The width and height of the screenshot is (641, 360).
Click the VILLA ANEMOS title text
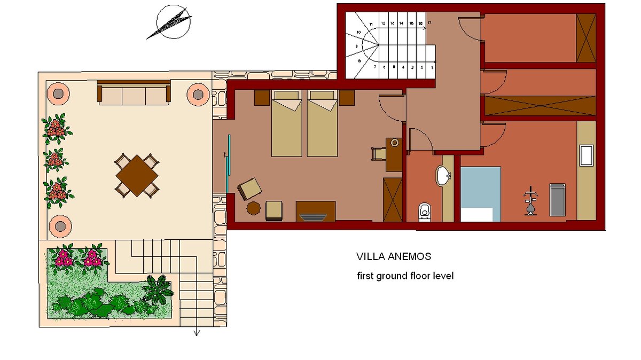[394, 256]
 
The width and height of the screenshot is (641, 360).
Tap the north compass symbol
[171, 22]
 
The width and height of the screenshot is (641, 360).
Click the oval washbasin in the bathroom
[443, 176]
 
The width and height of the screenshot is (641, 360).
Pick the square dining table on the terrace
[137, 175]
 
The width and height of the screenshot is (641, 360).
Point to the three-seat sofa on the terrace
[134, 92]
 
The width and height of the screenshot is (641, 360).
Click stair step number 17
[429, 22]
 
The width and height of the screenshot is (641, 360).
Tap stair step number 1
[432, 67]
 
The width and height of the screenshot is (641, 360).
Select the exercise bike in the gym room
[530, 201]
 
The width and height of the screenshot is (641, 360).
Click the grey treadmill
[558, 200]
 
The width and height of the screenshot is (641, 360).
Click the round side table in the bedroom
[254, 208]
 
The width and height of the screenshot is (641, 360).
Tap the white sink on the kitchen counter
[587, 155]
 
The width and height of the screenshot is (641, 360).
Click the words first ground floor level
[405, 276]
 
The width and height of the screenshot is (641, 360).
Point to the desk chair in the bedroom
[379, 154]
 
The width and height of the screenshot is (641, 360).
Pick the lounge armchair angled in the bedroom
[249, 189]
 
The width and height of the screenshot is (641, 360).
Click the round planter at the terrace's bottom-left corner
[60, 226]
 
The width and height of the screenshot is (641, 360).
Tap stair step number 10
[358, 33]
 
